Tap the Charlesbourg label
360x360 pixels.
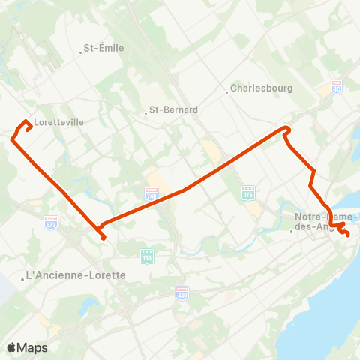tap(261, 88)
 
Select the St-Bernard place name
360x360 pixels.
tap(173, 109)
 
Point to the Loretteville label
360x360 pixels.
tap(58, 121)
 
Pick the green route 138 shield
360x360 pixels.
tap(147, 255)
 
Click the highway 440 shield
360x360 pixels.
tap(181, 290)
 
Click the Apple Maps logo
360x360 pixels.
tap(27, 347)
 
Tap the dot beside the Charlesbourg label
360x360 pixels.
tap(227, 93)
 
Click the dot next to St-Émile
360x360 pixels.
tap(80, 52)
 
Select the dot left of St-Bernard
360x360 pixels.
tap(145, 114)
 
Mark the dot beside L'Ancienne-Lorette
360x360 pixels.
tap(22, 280)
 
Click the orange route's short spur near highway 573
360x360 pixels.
tap(103, 238)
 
